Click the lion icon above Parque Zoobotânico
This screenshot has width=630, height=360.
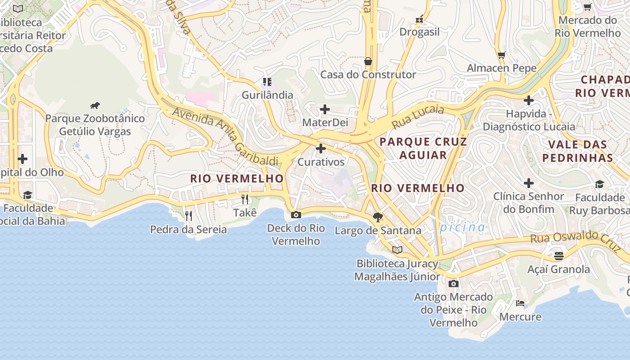[x=94, y=106]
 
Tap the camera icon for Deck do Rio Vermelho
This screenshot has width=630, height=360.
[x=296, y=215]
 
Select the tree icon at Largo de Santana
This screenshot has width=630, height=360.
[x=378, y=217]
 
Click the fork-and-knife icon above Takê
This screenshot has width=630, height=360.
[x=245, y=199]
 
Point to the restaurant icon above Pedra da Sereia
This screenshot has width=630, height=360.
[x=189, y=216]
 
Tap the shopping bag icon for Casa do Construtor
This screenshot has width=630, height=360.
[x=368, y=61]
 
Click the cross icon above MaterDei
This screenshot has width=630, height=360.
[x=324, y=109]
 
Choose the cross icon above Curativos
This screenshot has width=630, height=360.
[x=321, y=148]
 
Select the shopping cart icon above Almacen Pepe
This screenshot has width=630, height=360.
[x=502, y=55]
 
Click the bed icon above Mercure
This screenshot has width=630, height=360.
[x=520, y=303]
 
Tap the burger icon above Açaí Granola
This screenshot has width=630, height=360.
[x=558, y=256]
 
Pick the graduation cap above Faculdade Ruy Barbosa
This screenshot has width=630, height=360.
[x=599, y=184]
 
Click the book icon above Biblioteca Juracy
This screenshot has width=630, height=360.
[x=397, y=250]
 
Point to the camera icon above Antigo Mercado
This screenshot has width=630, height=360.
[x=454, y=283]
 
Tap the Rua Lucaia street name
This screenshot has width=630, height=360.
[x=418, y=117]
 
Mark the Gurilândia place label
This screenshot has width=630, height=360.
[x=267, y=95]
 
